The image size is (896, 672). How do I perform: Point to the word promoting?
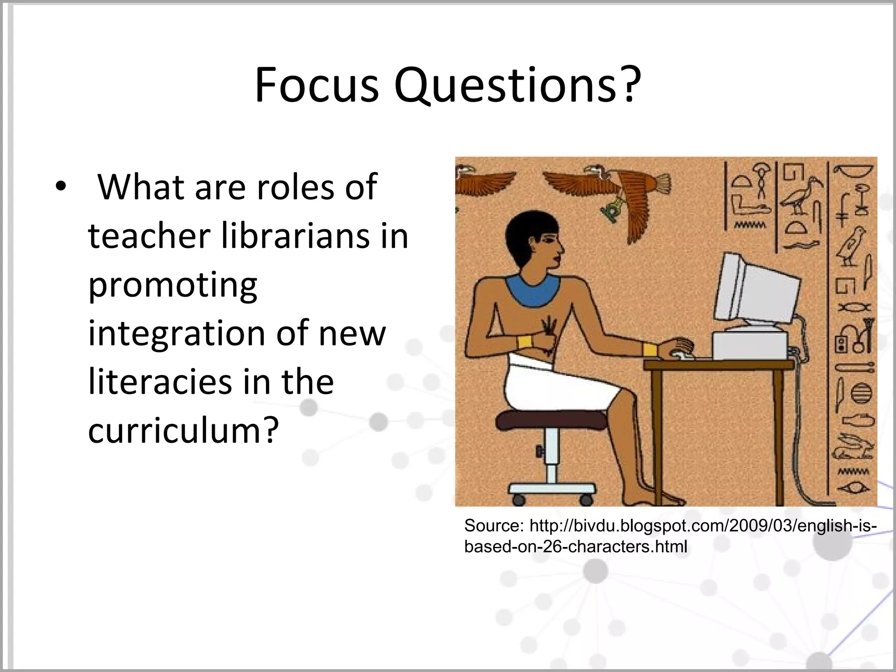[172, 285]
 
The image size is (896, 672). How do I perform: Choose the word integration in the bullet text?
[176, 333]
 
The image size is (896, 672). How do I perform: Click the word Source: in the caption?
[493, 526]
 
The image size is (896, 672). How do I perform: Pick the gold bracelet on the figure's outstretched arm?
[650, 349]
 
